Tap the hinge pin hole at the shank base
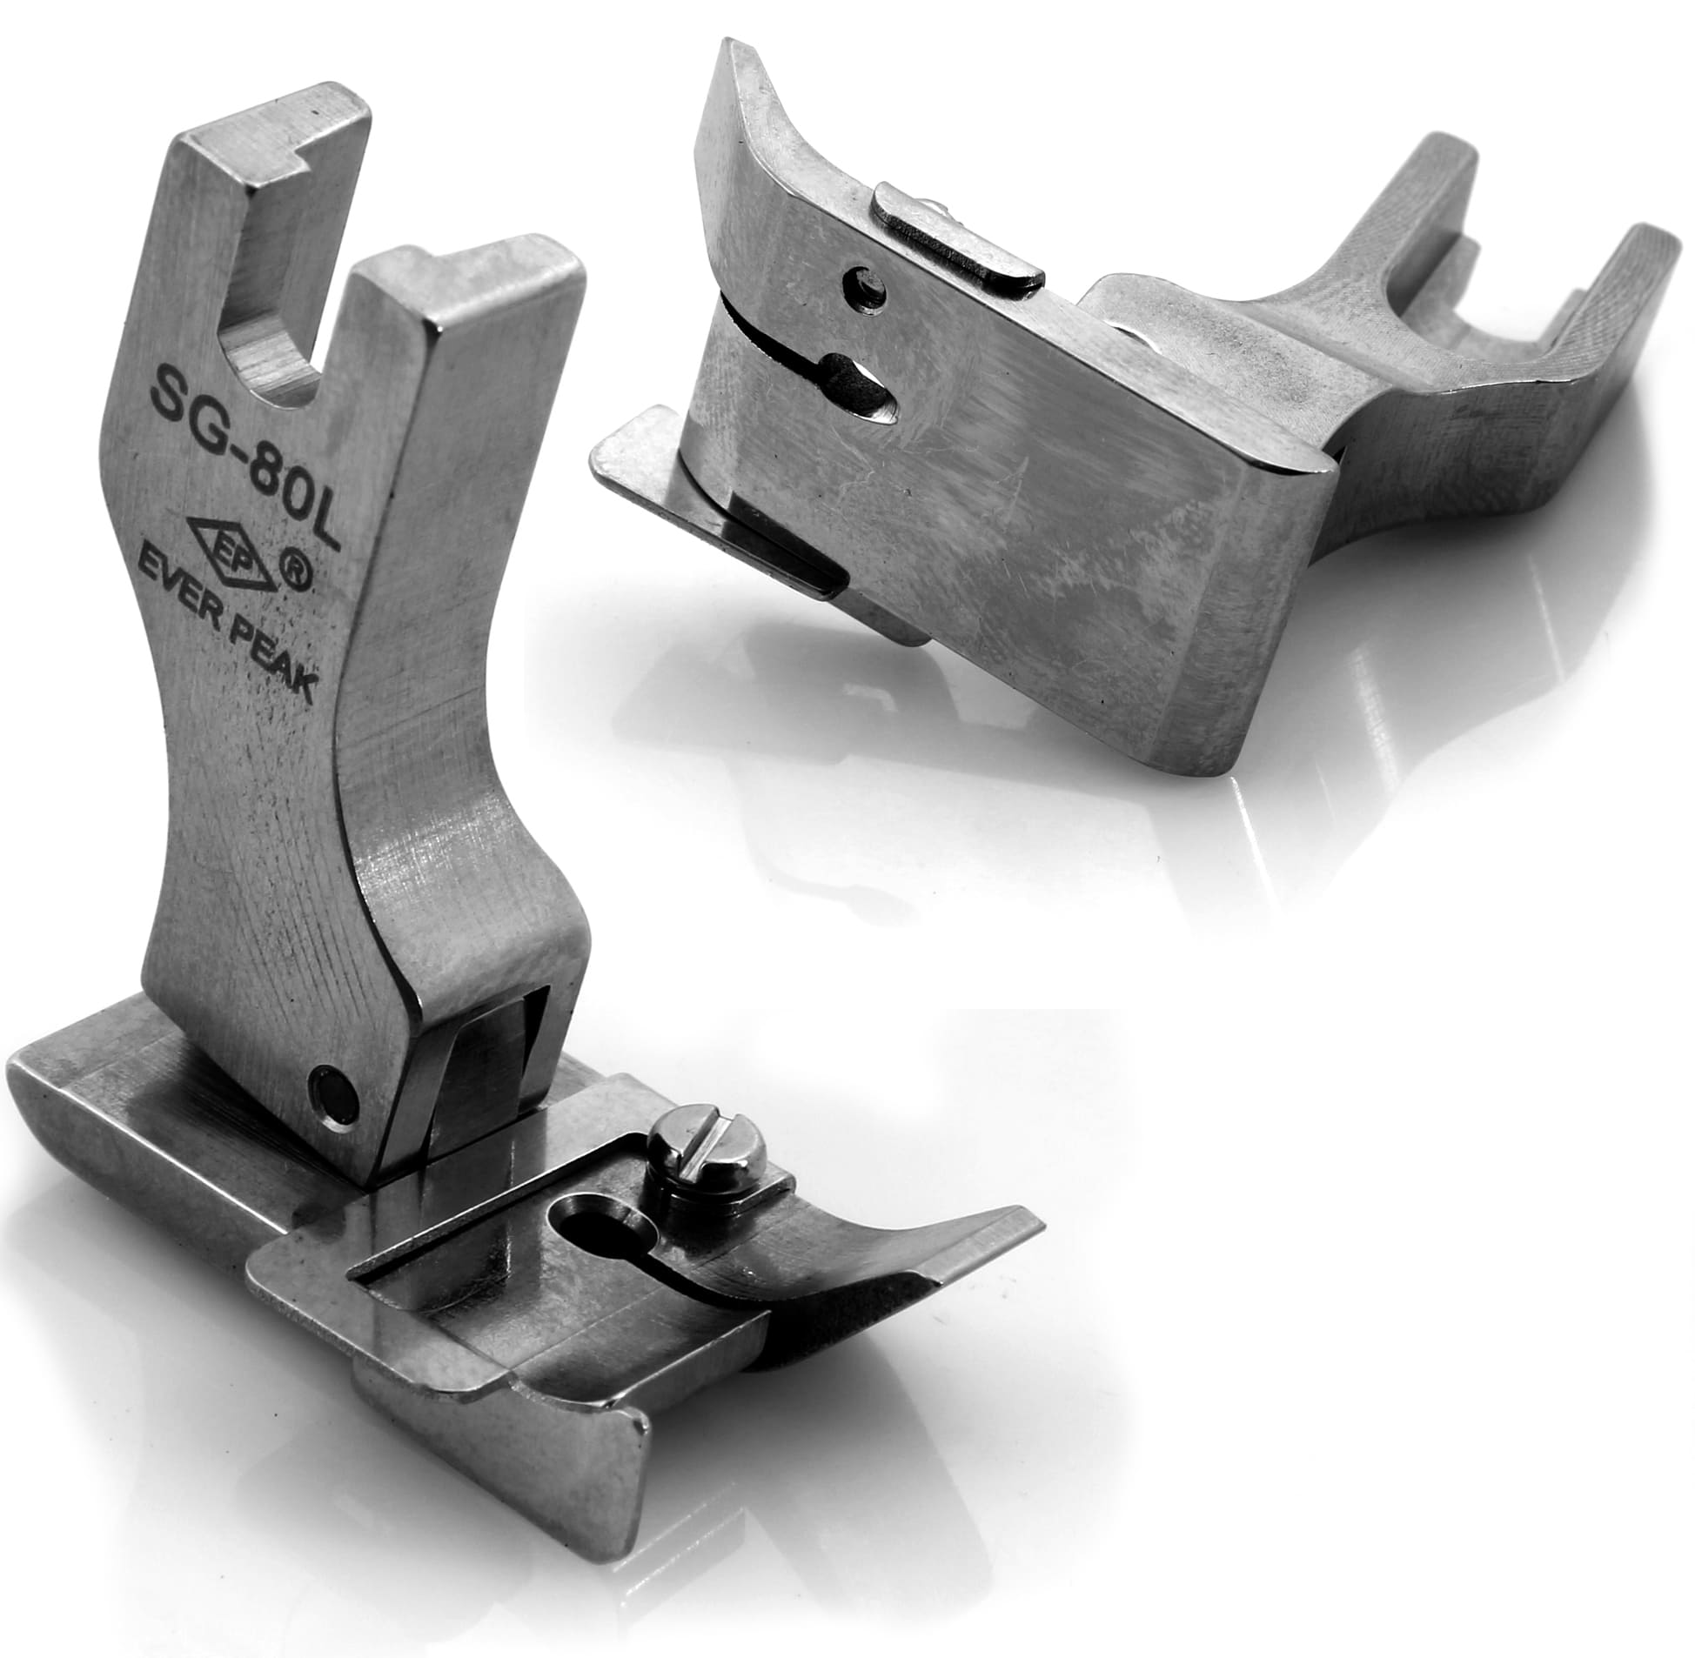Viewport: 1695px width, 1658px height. point(332,1093)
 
